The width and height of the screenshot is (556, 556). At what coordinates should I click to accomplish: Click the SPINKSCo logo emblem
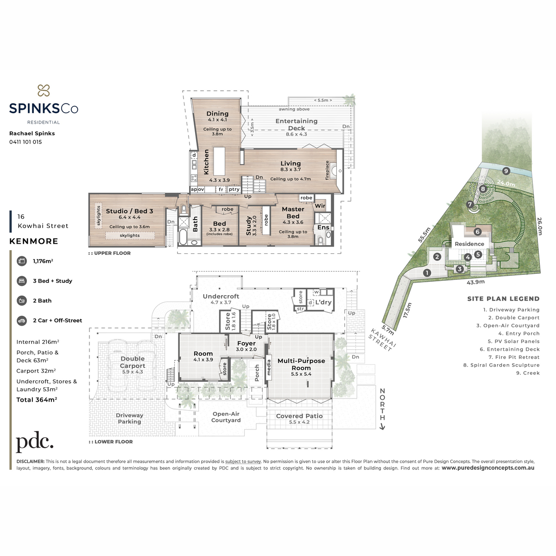(x=44, y=90)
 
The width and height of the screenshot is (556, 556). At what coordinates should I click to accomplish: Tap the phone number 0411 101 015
(x=25, y=142)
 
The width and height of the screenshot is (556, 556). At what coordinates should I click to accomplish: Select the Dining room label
(x=218, y=114)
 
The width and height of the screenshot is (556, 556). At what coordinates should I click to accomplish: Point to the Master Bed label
(x=293, y=213)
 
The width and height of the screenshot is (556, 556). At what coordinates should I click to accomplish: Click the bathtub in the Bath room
(x=183, y=237)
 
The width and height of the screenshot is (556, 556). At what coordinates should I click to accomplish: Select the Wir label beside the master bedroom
(x=320, y=206)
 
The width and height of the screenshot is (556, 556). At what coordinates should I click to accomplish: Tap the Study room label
(x=249, y=226)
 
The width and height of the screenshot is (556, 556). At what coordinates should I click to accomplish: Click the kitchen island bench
(x=219, y=161)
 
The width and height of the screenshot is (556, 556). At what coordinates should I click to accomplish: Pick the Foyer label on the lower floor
(x=246, y=343)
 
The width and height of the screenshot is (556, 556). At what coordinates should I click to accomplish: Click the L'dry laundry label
(x=323, y=302)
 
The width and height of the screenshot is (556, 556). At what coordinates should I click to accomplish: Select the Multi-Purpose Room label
(x=301, y=365)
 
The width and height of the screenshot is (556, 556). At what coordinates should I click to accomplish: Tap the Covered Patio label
(x=299, y=416)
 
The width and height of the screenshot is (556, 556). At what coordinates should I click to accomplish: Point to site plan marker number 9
(x=506, y=171)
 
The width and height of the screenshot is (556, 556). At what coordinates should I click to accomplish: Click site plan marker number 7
(x=470, y=205)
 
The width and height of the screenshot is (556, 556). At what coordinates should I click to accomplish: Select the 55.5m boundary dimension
(x=424, y=235)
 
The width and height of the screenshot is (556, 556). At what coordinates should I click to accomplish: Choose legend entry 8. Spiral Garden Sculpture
(x=501, y=365)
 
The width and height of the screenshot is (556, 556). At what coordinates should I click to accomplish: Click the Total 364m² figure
(x=37, y=399)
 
